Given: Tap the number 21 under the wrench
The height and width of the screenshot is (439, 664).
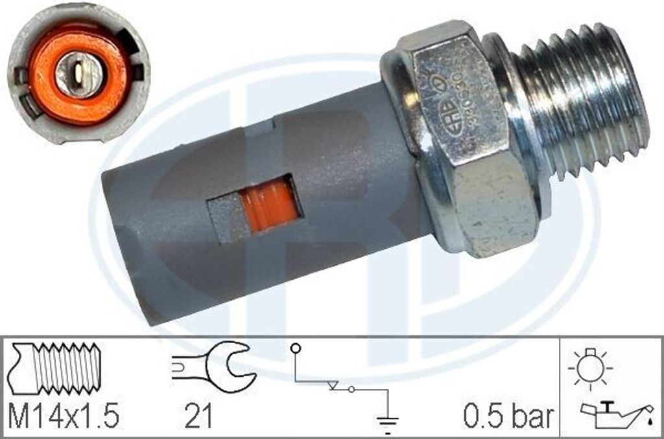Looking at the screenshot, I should (197, 417).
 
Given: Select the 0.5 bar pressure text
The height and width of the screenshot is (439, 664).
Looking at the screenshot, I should (508, 417).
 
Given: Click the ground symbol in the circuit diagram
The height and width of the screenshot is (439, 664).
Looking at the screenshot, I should (387, 422).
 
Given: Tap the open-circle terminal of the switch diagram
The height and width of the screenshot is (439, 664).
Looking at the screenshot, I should (296, 348).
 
